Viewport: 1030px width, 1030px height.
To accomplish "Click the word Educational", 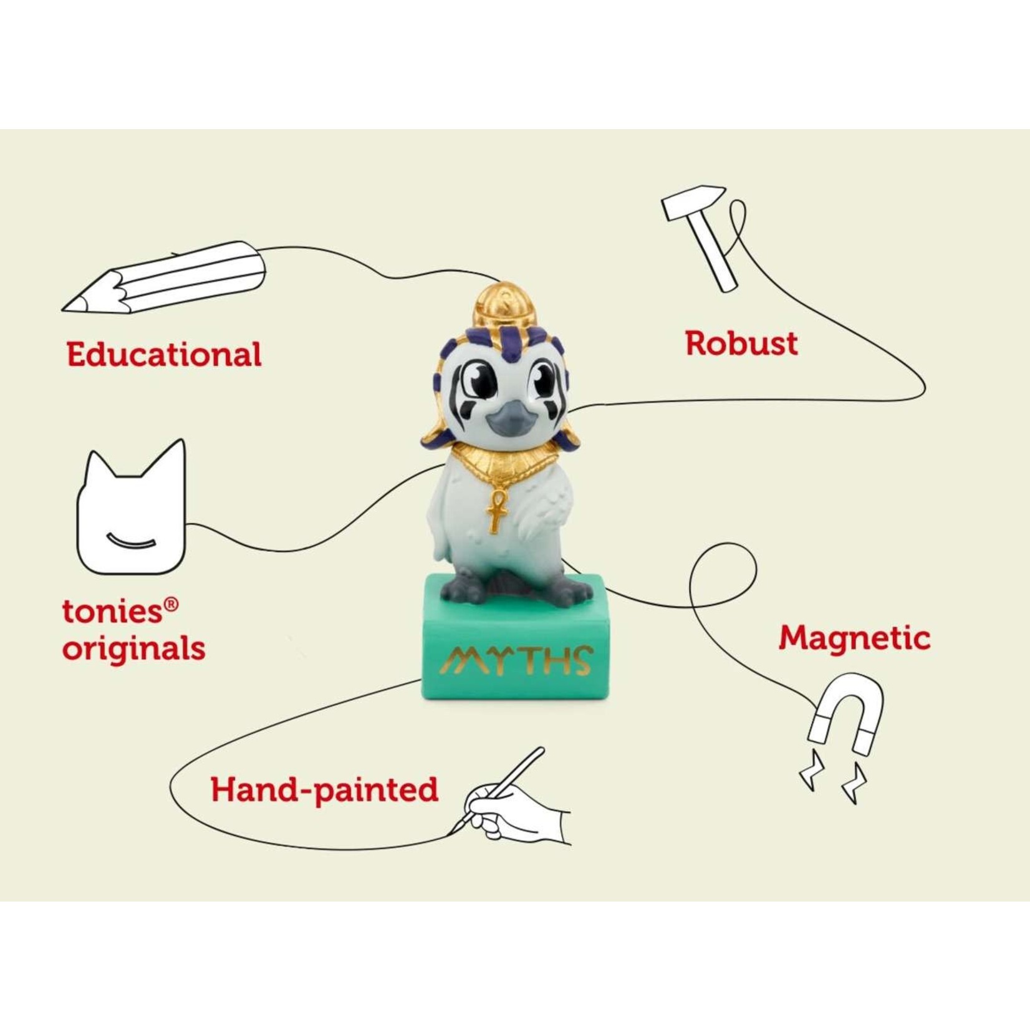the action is coord(164,354).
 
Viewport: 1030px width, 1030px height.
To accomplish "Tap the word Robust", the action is coord(741,343).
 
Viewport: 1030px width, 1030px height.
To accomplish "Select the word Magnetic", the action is coord(854,638).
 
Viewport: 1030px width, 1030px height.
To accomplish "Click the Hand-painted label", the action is coord(324,790).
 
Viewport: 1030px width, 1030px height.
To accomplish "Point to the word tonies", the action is coord(112,611).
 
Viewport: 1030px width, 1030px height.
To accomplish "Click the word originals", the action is coord(133,648).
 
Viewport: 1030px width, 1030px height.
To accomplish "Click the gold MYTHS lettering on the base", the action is coord(515,660).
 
